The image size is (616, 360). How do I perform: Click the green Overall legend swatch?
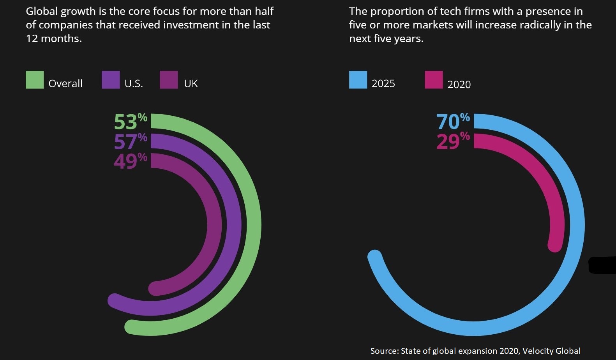tap(35, 80)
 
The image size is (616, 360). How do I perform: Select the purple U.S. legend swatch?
tap(111, 80)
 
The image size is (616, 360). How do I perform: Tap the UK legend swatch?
tap(169, 80)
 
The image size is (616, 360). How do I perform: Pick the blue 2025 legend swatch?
tap(358, 80)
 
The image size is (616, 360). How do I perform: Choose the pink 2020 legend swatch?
tap(434, 80)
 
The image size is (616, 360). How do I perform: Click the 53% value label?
tap(131, 122)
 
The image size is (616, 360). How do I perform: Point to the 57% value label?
tap(131, 141)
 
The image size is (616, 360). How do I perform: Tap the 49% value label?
tap(131, 161)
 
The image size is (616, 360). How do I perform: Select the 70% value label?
tap(453, 122)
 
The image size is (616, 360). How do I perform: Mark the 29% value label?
tap(453, 141)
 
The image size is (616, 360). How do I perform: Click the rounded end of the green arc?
tap(132, 327)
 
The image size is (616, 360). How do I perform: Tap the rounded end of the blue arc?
tap(375, 257)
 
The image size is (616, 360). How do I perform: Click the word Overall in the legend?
tap(65, 84)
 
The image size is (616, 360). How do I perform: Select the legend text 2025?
tap(383, 84)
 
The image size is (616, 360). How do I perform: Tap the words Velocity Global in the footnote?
tap(551, 351)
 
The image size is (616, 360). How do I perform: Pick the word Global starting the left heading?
tap(42, 11)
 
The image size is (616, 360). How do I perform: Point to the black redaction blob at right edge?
tap(602, 265)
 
